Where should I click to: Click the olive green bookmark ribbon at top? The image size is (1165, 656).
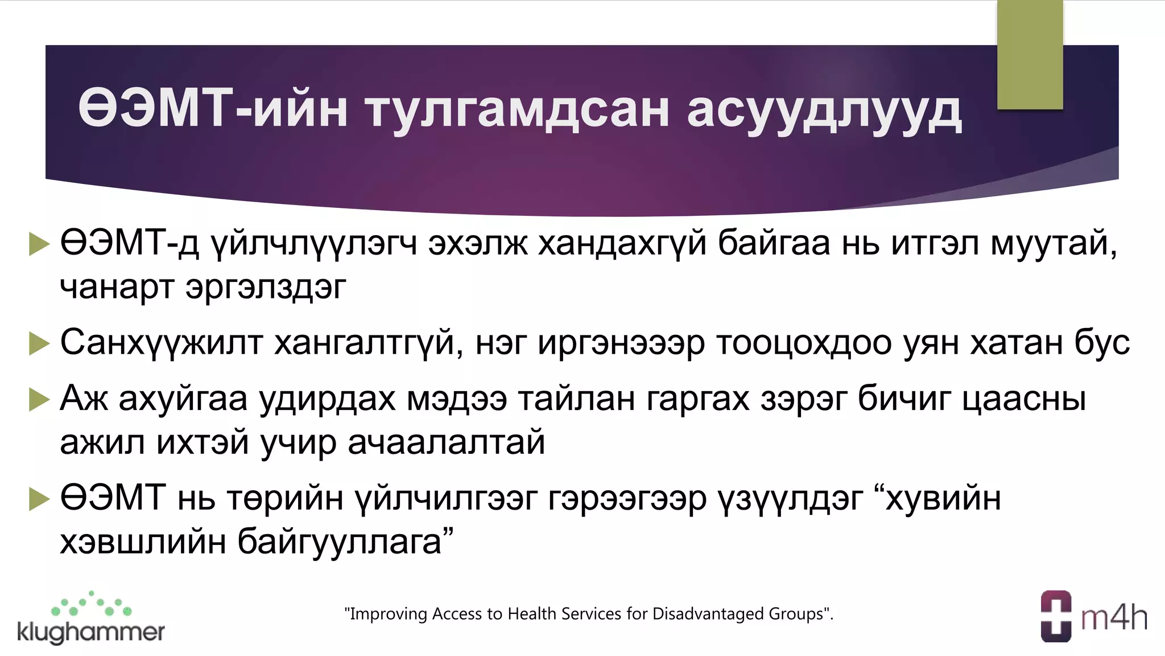tap(1030, 54)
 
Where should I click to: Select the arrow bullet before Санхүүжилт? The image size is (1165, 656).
tap(39, 343)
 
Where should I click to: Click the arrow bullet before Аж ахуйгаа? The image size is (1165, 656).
tap(39, 399)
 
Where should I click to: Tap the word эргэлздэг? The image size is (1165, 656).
tap(266, 287)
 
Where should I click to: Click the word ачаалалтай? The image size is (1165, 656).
tap(446, 442)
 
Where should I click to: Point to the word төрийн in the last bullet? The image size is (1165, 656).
tap(284, 498)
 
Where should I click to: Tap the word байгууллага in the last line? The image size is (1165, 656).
tap(340, 542)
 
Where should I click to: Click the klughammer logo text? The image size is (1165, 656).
tap(91, 632)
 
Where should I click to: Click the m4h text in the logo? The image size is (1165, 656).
tap(1114, 618)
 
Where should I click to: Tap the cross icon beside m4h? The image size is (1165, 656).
tap(1056, 617)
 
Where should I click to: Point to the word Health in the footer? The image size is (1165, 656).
tap(528, 614)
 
